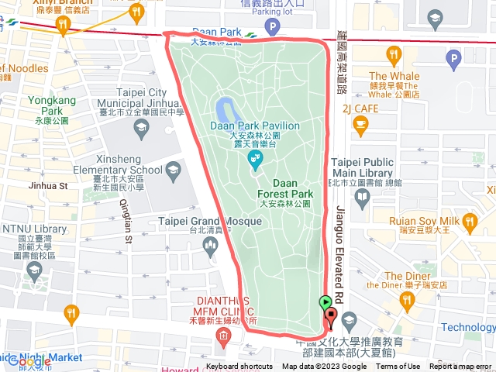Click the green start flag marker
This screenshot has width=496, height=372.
325,303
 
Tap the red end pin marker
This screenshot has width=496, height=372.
331,316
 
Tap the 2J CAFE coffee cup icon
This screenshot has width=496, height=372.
360,124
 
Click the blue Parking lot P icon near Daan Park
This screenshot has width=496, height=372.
273,27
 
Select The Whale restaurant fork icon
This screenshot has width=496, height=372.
394,54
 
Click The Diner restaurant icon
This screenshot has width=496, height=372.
405,298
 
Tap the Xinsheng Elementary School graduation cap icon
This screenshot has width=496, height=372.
173,170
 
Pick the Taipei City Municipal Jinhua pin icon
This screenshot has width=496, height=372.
141,129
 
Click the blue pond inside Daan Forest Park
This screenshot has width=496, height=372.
226,108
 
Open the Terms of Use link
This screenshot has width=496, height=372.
398,367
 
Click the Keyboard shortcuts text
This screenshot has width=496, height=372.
239,367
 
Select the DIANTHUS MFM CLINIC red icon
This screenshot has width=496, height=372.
224,336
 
